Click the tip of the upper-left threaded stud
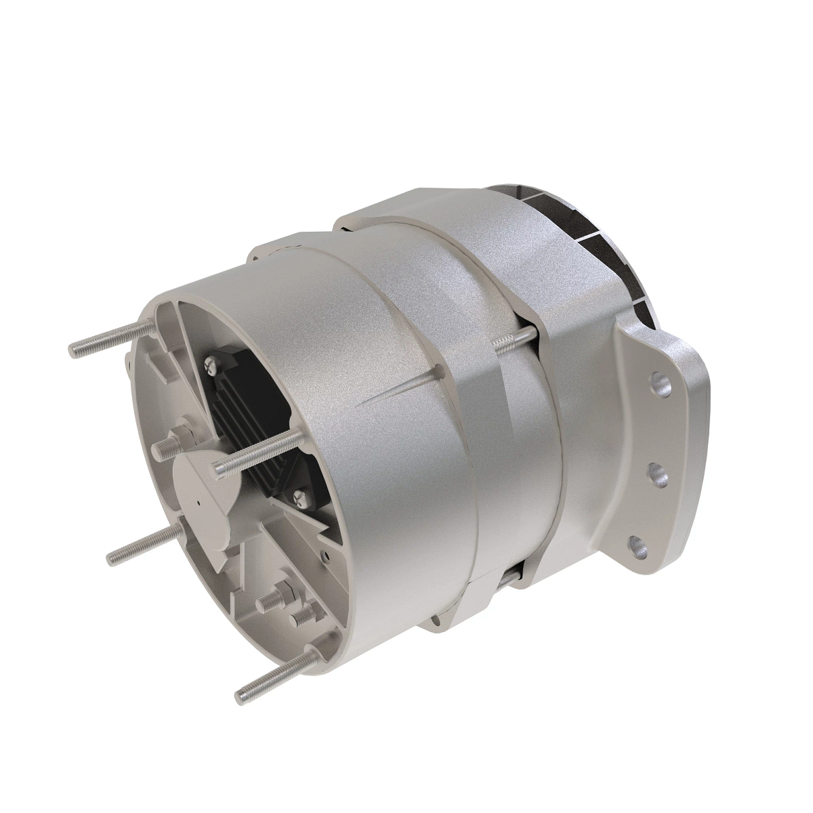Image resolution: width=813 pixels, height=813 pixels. point(74,350)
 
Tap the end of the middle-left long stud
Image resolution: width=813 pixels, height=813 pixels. point(112,557)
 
